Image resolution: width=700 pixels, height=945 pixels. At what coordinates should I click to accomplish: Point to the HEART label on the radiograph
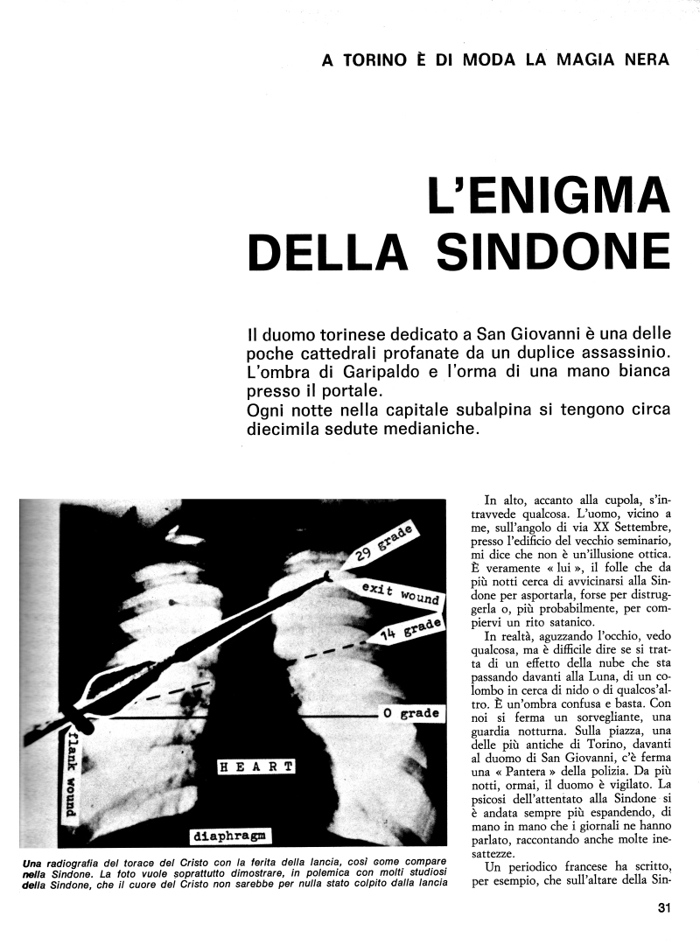[x=257, y=766]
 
